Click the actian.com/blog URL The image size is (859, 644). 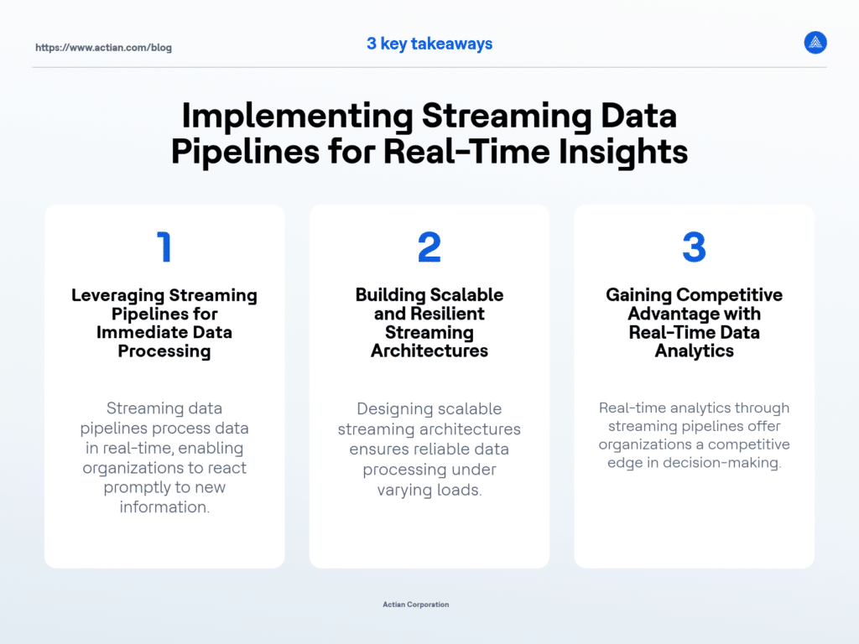pyautogui.click(x=103, y=48)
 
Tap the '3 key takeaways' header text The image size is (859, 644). pyautogui.click(x=429, y=44)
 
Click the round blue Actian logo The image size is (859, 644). pyautogui.click(x=815, y=43)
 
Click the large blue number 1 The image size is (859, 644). pyautogui.click(x=164, y=247)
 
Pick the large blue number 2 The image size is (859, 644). pyautogui.click(x=429, y=247)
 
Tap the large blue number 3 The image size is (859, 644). pyautogui.click(x=694, y=247)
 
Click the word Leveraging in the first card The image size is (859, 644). pyautogui.click(x=117, y=295)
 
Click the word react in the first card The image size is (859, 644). pyautogui.click(x=226, y=467)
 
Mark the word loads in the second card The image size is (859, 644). pyautogui.click(x=460, y=490)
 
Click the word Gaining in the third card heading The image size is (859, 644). pyautogui.click(x=638, y=295)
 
